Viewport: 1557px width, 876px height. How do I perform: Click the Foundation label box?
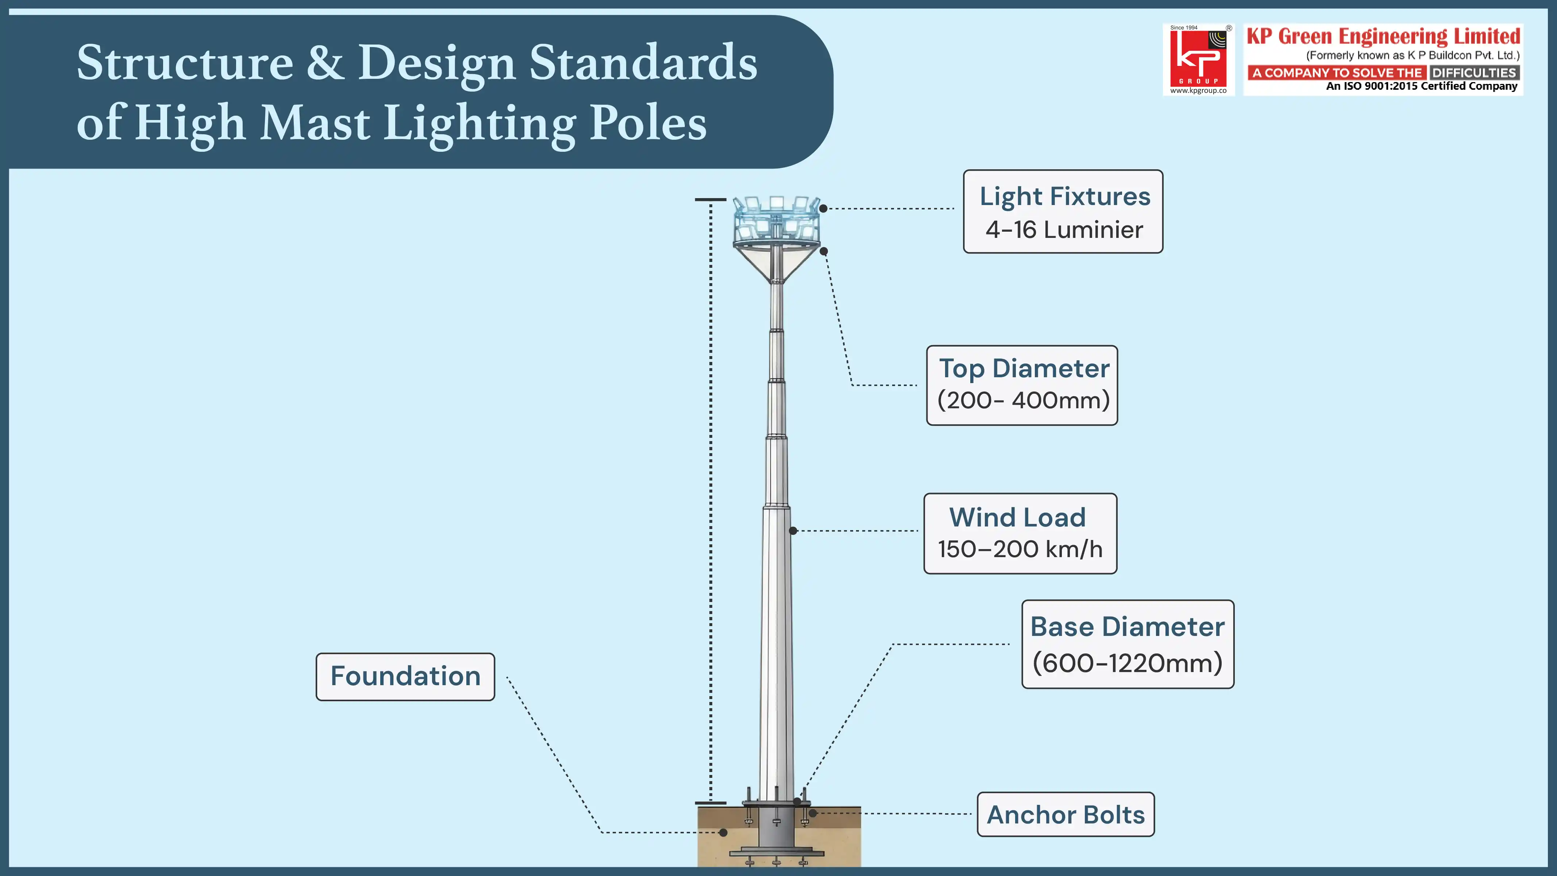pos(405,676)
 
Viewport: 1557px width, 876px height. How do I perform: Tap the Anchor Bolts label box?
pos(1065,814)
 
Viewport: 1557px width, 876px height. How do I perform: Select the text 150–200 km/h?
pos(1020,549)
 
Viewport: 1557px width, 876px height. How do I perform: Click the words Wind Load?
pos(1017,517)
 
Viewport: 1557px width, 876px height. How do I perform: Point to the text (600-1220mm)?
pos(1127,663)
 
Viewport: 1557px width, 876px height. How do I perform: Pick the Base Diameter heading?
pos(1127,626)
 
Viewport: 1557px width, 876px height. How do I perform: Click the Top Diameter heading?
pos(1024,368)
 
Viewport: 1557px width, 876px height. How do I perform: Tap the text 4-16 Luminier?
pos(1064,230)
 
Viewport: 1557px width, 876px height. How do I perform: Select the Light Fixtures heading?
pos(1064,197)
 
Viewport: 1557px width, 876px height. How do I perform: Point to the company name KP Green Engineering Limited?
pos(1383,36)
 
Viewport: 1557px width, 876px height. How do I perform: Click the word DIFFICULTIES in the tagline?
pos(1473,73)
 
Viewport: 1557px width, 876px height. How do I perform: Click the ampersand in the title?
pos(325,62)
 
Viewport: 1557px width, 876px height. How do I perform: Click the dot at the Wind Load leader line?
pos(793,531)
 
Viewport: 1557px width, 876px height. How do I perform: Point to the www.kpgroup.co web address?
pos(1198,91)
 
